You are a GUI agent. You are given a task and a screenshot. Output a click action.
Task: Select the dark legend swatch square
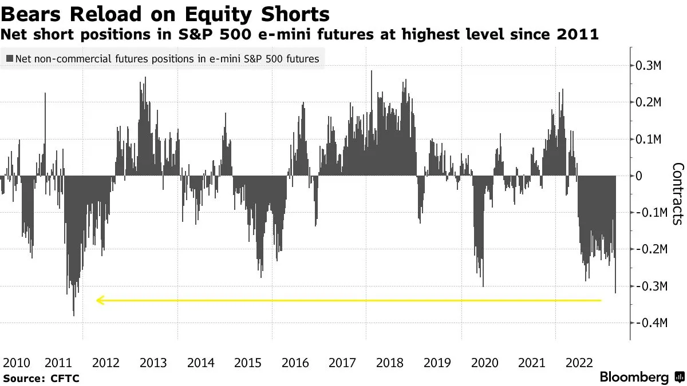[x=9, y=58]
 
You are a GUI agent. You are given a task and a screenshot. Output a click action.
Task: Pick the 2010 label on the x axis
[x=17, y=363]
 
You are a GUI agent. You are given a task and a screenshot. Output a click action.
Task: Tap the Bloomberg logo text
[x=634, y=377]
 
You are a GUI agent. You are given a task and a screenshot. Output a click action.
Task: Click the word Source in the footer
[x=23, y=378]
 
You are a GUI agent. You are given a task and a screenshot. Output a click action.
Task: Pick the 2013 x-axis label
[x=153, y=363]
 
